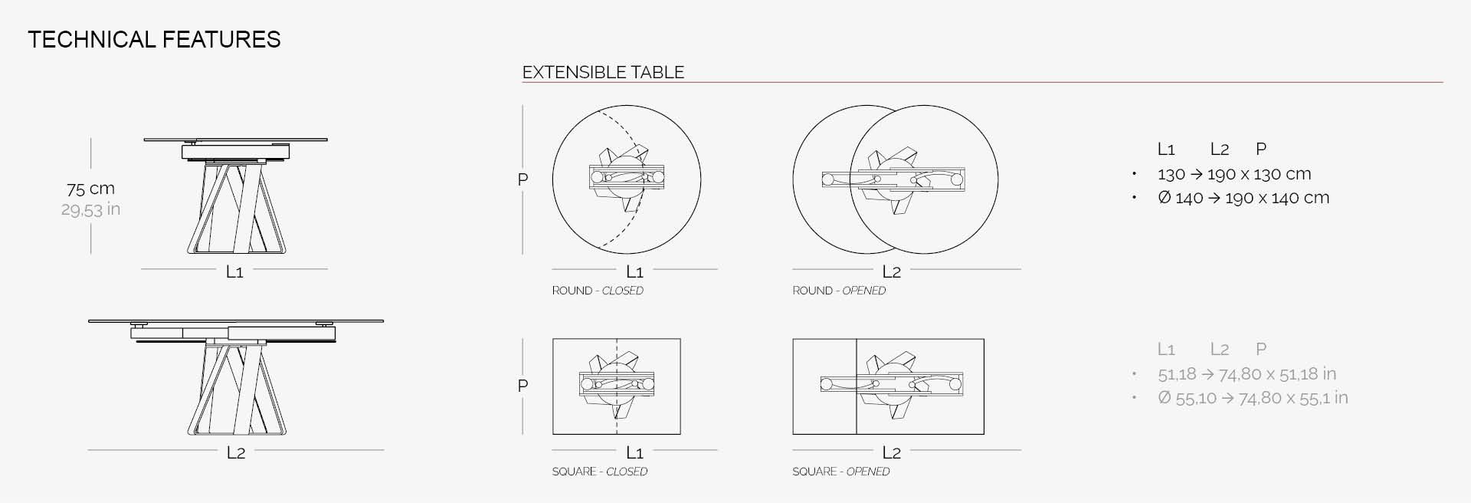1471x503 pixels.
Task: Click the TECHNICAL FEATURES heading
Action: pyautogui.click(x=154, y=40)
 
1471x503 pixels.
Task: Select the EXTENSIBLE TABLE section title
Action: pyautogui.click(x=603, y=72)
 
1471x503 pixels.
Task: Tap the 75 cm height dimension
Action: pyautogui.click(x=90, y=189)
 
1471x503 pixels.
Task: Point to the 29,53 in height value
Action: pyautogui.click(x=90, y=209)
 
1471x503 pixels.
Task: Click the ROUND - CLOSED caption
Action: pyautogui.click(x=598, y=291)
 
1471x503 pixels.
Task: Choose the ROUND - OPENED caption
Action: pyautogui.click(x=839, y=291)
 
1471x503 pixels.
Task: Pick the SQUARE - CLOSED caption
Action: pyautogui.click(x=599, y=472)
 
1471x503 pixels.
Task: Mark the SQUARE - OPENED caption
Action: pyautogui.click(x=840, y=472)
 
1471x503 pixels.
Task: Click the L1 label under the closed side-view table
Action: pyautogui.click(x=234, y=271)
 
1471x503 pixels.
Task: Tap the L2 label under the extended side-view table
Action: pyautogui.click(x=236, y=453)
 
